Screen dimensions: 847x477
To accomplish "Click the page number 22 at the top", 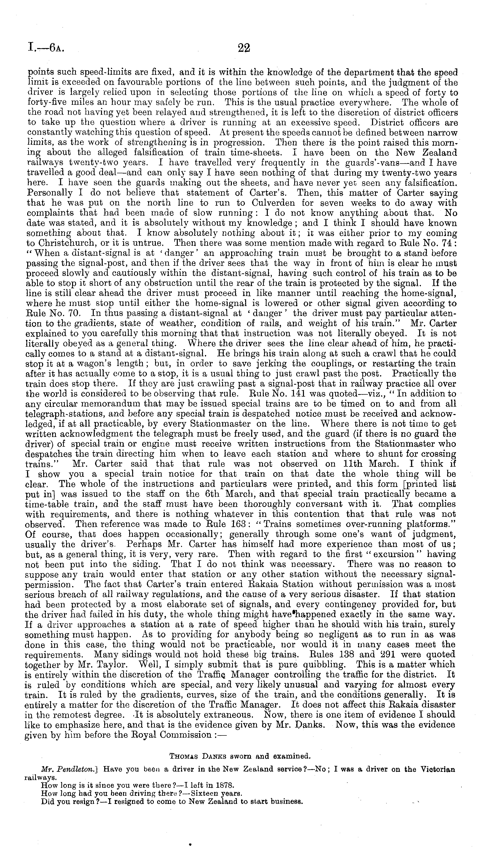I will point(244,48).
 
